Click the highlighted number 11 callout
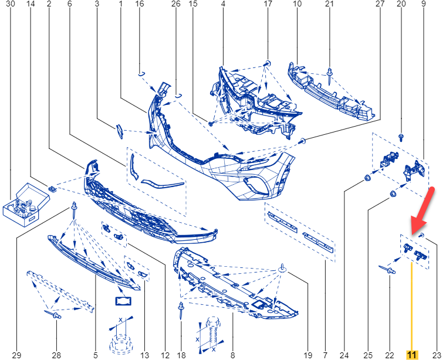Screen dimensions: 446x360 pos(411,355)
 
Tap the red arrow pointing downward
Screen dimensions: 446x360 pos(422,210)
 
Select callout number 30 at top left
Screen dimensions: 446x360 pos(10,4)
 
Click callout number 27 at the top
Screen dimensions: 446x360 pos(380,4)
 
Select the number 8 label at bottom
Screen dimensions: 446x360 pos(232,355)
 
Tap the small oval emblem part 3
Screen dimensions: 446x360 pos(120,131)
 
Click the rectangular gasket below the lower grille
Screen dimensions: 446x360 pos(123,301)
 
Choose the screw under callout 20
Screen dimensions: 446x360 pos(401,138)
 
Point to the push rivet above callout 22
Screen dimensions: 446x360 pos(387,269)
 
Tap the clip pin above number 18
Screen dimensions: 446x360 pos(181,310)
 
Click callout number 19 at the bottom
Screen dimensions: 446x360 pos(308,355)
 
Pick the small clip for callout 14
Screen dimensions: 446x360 pos(52,188)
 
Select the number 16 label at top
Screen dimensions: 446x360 pos(140,4)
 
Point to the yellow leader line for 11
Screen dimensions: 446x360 pos(411,307)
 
